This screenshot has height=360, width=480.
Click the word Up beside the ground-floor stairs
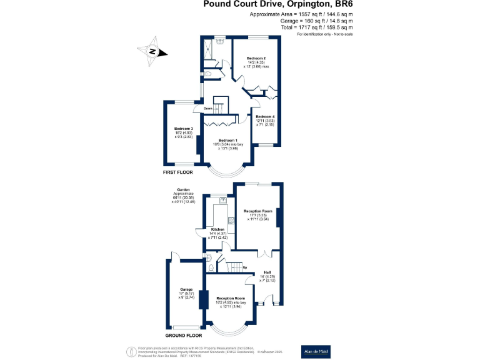[253, 267]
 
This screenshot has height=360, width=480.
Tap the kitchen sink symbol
[222, 201]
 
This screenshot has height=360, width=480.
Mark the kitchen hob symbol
[231, 220]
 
